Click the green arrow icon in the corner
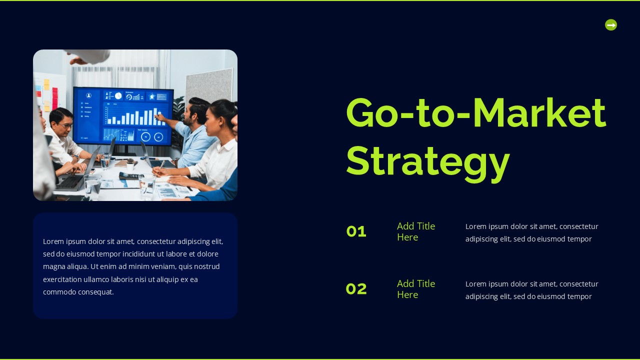[x=610, y=24]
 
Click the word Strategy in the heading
[x=427, y=161]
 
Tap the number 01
[x=356, y=231]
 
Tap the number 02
[x=356, y=289]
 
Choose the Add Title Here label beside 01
[x=415, y=231]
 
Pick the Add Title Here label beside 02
[x=415, y=289]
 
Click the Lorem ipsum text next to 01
[x=531, y=232]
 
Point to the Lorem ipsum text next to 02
[x=531, y=290]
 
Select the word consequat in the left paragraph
[x=95, y=292]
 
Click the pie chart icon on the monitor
[x=118, y=96]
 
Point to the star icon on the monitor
[x=152, y=96]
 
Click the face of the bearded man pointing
[x=189, y=115]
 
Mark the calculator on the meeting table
[x=128, y=175]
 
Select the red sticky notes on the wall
[x=54, y=98]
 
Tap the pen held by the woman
[x=161, y=165]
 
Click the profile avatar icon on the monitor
[x=88, y=95]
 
